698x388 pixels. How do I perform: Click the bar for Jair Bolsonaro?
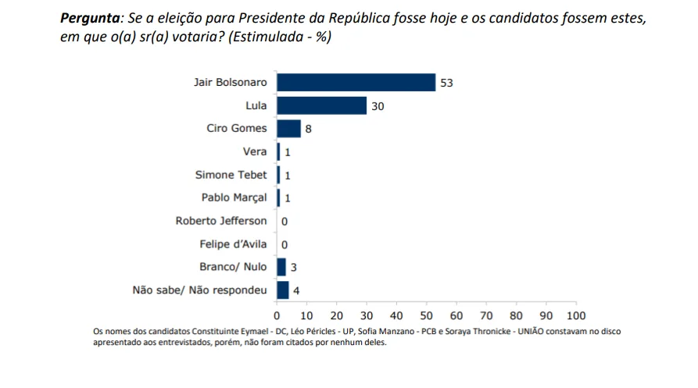coord(356,83)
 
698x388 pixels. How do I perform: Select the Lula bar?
coord(321,105)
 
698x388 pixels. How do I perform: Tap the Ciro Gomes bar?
coord(288,129)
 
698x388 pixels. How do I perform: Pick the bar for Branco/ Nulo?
coord(281,267)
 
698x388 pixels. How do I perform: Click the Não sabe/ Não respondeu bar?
coord(283,290)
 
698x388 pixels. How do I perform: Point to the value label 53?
coord(446,83)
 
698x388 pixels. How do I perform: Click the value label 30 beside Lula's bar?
coord(378,106)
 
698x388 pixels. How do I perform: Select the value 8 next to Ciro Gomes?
coord(308,130)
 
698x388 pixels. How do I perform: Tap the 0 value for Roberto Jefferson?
coord(285,222)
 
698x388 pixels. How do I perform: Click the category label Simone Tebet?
coord(231,175)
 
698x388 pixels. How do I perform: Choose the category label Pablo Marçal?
coord(234,198)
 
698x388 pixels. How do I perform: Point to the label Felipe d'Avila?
coord(233,244)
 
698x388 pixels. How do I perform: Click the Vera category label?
coord(255,151)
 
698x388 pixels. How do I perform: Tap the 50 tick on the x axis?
coord(427,315)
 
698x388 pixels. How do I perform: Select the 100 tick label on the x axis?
coord(576,315)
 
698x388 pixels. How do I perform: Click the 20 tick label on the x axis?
coord(337,315)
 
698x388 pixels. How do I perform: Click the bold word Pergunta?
coord(90,19)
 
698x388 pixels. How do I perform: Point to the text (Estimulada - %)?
coord(280,37)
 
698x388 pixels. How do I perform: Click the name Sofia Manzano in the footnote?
coord(386,331)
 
